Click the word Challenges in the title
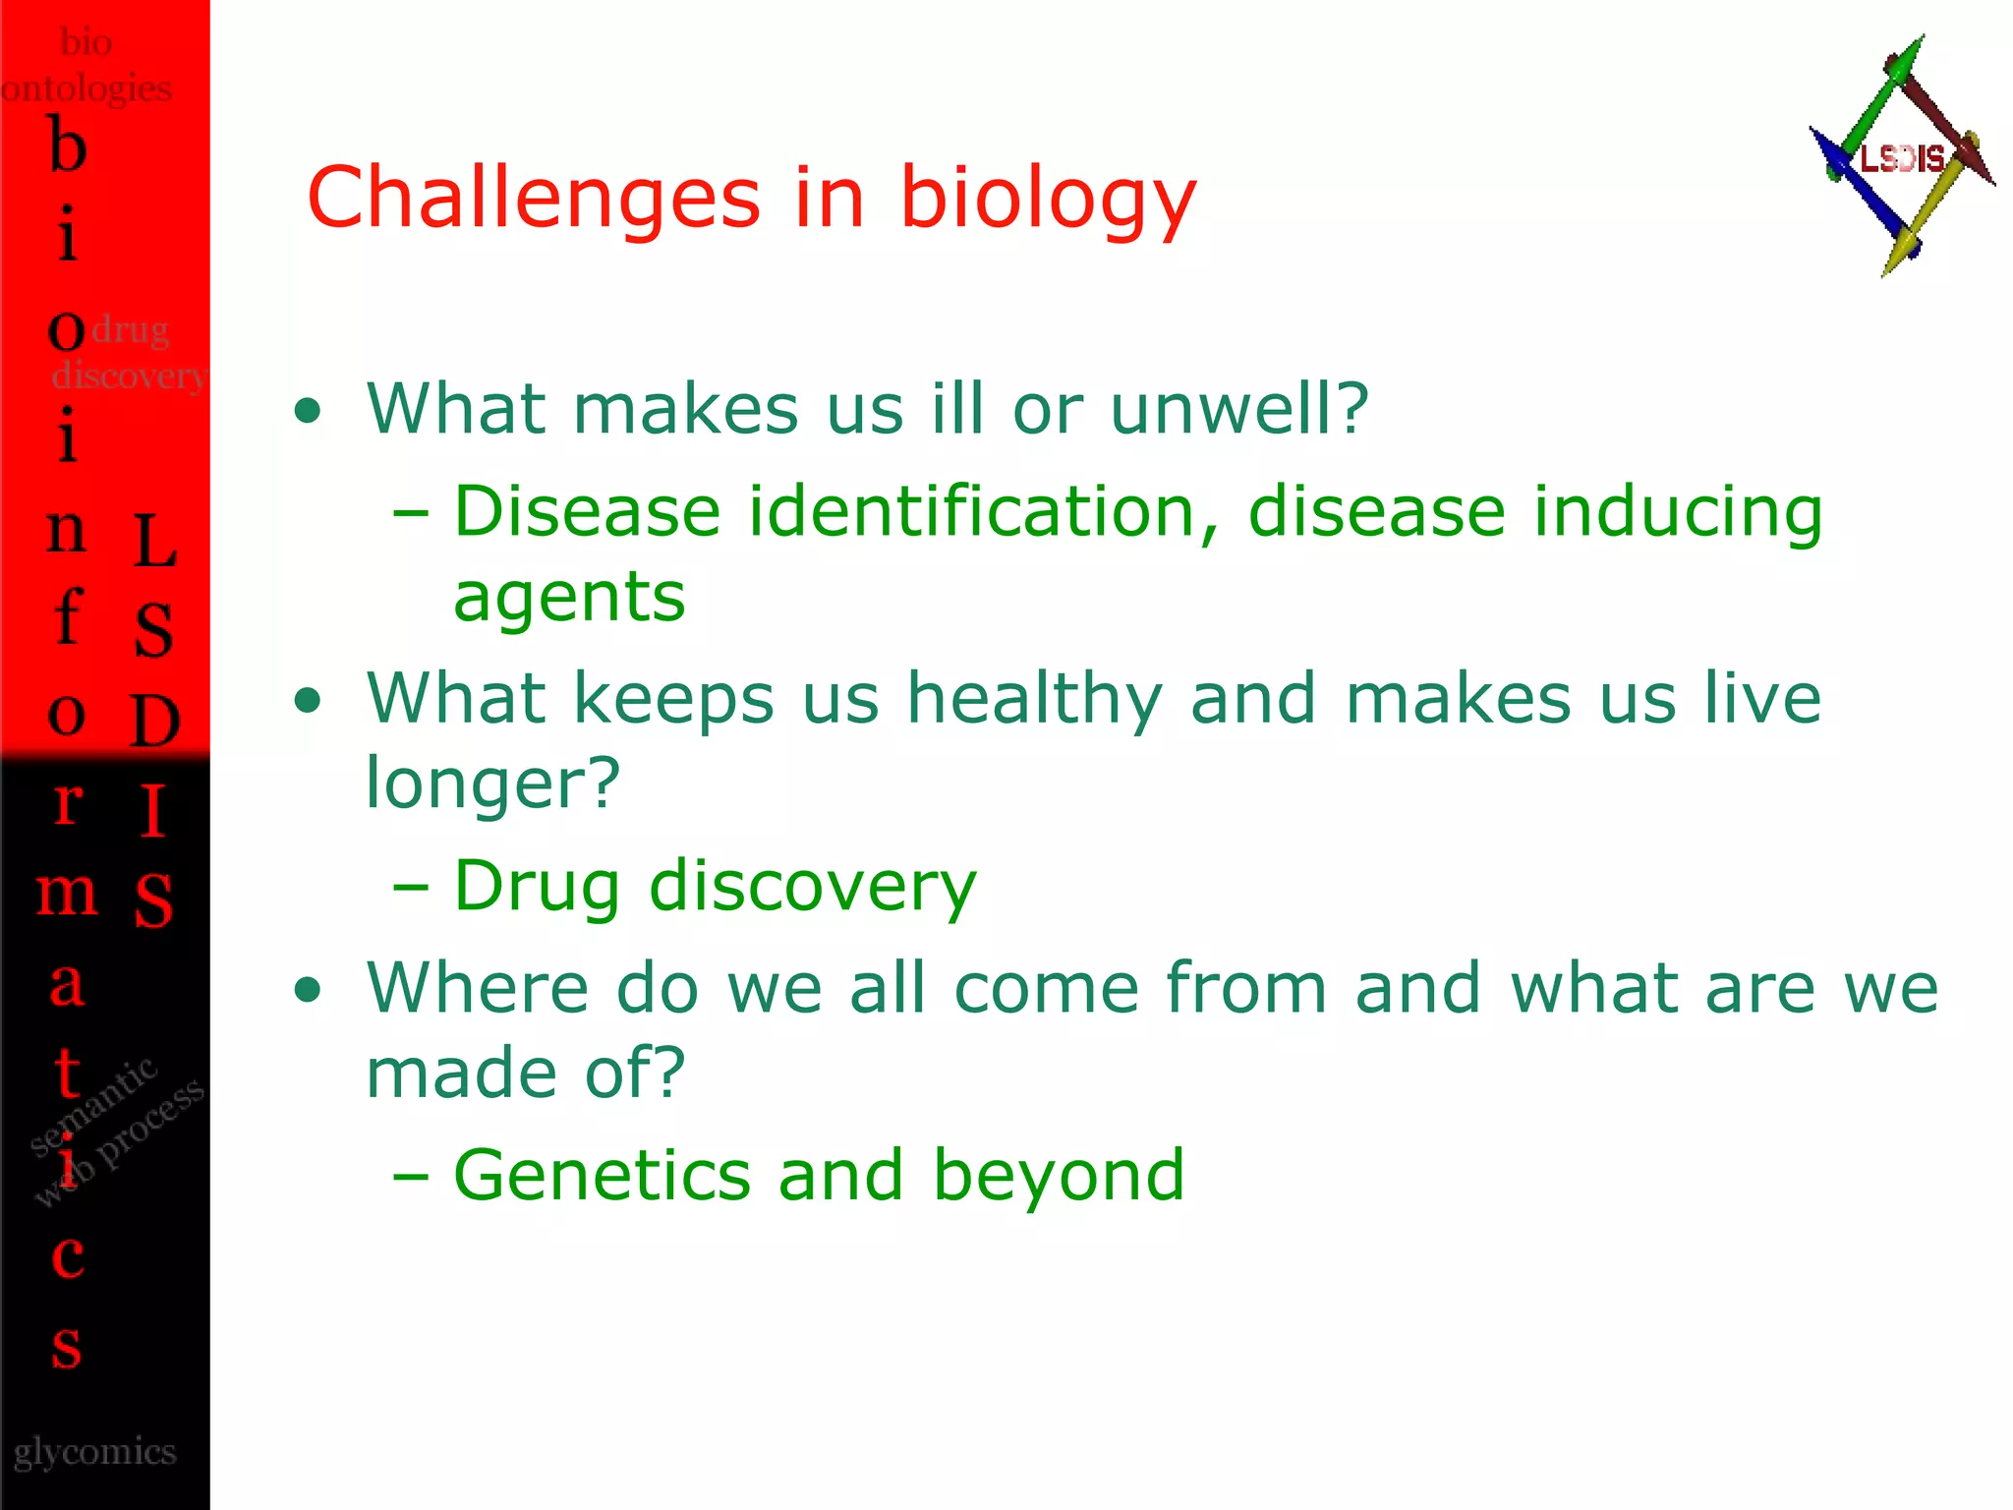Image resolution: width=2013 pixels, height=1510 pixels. [534, 198]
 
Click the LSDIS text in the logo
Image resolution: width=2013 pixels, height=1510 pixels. [1902, 158]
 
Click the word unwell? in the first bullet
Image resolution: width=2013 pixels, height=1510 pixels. [1239, 408]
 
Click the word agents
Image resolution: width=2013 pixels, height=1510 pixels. [569, 599]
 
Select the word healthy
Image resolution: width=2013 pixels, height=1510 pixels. [1034, 699]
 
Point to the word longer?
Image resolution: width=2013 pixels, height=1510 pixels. [493, 784]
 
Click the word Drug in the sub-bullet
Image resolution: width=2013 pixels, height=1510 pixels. [537, 886]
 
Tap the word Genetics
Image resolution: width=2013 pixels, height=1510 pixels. [602, 1175]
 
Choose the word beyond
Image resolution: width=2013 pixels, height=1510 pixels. [1059, 1177]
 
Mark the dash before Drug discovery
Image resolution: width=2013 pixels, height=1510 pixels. [411, 888]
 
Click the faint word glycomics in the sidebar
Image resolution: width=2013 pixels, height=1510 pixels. [95, 1452]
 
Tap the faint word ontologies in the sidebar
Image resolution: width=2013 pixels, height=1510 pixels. [86, 89]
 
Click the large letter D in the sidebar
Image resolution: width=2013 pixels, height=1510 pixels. [155, 721]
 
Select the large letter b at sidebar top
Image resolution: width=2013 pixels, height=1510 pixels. [68, 145]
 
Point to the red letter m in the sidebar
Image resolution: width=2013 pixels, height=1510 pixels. [67, 893]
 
